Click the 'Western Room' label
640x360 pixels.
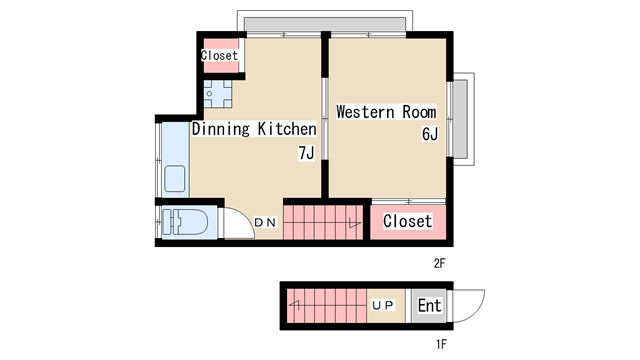pos(386,112)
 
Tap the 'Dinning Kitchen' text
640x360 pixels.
pos(254,129)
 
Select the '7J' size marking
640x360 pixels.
pos(306,153)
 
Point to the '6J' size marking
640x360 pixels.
pos(430,134)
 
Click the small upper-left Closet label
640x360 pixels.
pos(219,55)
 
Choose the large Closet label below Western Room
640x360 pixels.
pos(407,221)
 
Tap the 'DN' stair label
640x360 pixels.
pos(265,222)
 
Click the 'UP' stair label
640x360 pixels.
pos(382,305)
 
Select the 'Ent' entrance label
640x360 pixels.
pos(429,305)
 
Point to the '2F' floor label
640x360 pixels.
pos(439,264)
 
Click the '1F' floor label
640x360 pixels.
pos(441,344)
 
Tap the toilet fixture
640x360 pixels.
pos(185,222)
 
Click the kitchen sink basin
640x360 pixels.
pos(175,179)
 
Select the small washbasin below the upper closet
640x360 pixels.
pos(218,94)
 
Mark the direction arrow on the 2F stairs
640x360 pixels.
pos(354,223)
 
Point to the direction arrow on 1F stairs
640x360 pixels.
pos(295,305)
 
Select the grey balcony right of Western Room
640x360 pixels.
pos(460,119)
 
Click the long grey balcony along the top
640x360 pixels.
pos(325,24)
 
